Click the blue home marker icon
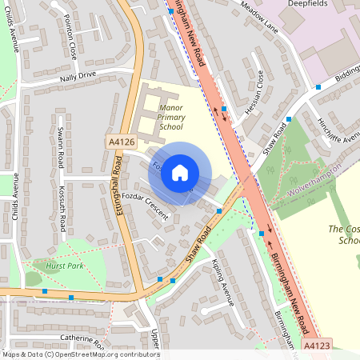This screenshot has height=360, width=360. coord(180,173)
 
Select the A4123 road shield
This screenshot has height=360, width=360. coord(316,345)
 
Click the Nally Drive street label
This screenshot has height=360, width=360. coord(76,76)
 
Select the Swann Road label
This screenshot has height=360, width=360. coord(60,146)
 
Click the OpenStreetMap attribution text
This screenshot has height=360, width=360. coord(80,354)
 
